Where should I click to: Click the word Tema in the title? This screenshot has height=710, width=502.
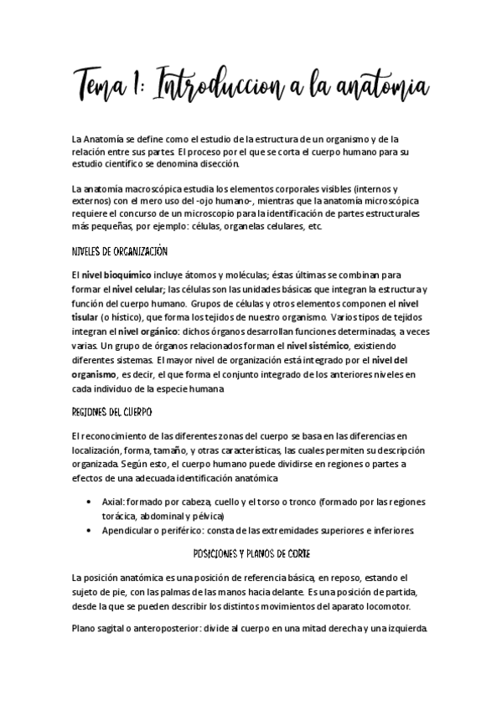[104, 85]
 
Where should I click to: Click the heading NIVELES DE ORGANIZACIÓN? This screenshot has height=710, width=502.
[121, 251]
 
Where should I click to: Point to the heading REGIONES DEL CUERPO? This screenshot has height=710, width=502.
[111, 414]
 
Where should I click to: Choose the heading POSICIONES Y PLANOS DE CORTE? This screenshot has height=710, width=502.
[250, 554]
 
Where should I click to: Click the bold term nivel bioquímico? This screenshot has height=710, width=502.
[116, 274]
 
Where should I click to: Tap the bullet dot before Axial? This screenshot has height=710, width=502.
[91, 502]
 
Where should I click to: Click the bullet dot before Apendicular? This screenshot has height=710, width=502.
[91, 532]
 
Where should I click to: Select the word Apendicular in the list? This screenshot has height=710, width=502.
[129, 532]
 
